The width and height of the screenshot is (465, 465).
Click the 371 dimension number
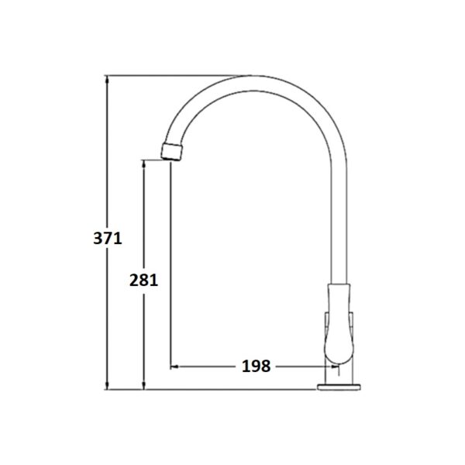[108, 238]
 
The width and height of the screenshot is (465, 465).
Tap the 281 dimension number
[143, 280]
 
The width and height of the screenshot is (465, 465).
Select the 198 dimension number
[257, 366]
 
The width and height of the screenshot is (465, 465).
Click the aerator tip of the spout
[172, 152]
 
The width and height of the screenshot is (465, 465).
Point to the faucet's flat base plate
[339, 387]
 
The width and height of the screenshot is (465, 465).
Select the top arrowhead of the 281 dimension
[143, 164]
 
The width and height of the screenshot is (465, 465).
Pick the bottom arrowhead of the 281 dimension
[143, 385]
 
